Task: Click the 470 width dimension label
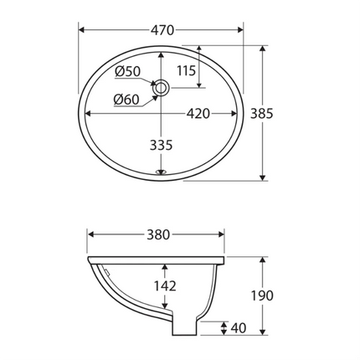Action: coord(162,30)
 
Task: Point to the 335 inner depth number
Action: coord(161,144)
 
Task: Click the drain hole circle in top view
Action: coord(162,86)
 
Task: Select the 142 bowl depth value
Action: coord(166,285)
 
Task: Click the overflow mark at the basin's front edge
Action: coord(162,174)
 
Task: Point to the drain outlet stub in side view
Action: coord(185,328)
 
